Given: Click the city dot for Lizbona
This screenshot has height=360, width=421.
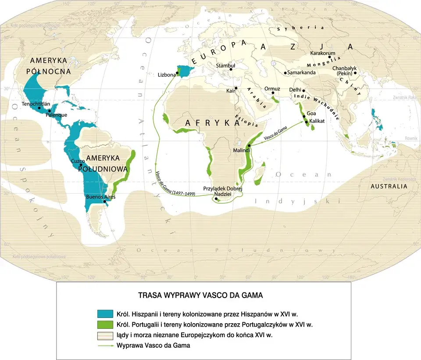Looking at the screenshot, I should pos(178,73).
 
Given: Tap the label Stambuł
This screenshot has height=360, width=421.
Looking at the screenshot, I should pos(226,66).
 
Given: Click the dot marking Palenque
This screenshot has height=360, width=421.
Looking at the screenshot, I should pos(49,111).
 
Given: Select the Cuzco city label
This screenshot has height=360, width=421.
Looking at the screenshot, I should pos(77,161).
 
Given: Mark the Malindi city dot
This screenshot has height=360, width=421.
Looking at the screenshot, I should pos(249,145).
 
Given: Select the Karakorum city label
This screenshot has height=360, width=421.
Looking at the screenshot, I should pos(323,53).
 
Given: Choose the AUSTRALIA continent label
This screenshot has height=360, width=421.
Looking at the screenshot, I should pos(389,186).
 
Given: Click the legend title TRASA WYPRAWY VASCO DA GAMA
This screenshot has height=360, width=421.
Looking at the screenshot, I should pos(200,295).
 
